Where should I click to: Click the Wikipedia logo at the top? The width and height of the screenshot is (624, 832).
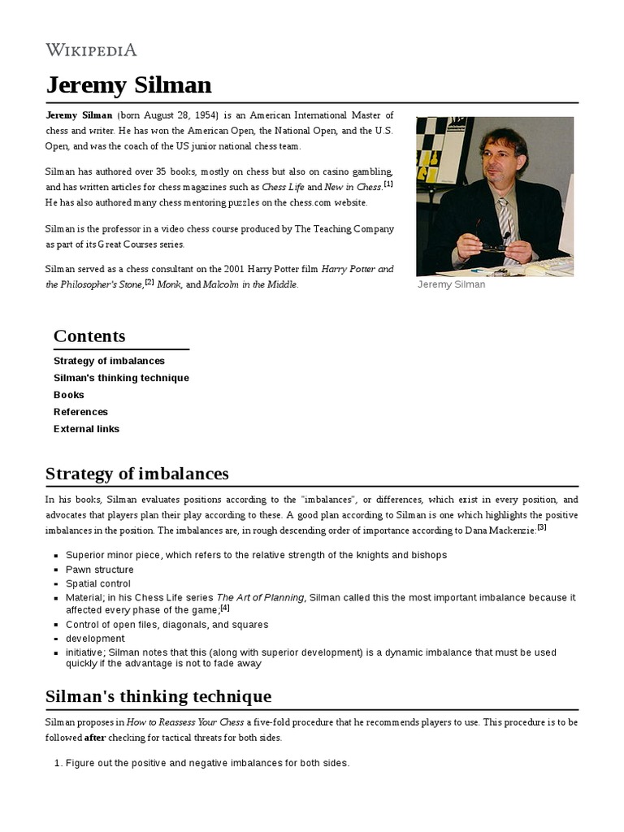[x=91, y=50]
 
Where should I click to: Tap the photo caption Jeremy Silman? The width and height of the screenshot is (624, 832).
[x=451, y=284]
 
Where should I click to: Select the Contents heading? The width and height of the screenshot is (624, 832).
[x=89, y=336]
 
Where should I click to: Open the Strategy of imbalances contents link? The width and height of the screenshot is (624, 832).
[x=109, y=361]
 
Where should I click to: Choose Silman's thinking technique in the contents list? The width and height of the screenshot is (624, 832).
[x=121, y=378]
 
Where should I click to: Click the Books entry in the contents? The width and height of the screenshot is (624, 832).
[x=69, y=395]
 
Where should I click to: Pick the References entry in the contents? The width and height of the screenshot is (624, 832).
[x=80, y=412]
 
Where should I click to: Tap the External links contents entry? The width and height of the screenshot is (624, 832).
[x=86, y=429]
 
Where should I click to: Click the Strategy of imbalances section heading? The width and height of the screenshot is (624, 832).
[x=137, y=474]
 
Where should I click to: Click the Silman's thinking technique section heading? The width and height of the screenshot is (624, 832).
[x=158, y=696]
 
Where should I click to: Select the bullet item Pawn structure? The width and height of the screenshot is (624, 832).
[x=99, y=570]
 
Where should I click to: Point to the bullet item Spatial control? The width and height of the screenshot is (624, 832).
[x=99, y=583]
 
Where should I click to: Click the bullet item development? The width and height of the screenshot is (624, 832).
[x=95, y=639]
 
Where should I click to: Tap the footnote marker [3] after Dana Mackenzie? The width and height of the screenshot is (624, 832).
[x=541, y=526]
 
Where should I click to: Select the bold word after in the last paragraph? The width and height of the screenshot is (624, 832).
[x=96, y=738]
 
